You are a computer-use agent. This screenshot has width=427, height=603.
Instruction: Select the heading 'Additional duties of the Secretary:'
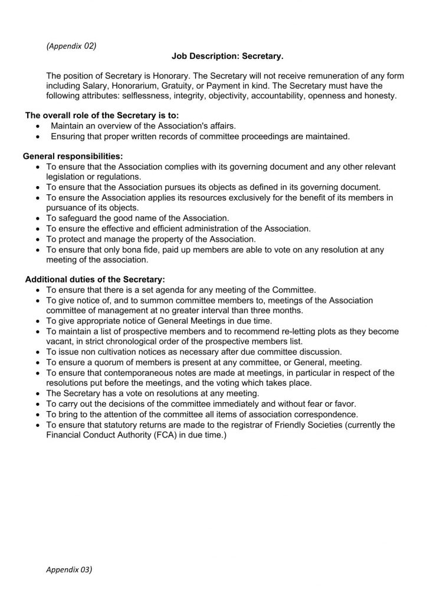point(95,279)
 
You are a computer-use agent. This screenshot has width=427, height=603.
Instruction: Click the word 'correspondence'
point(326,414)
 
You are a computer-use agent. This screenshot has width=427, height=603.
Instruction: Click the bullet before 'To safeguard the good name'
point(38,218)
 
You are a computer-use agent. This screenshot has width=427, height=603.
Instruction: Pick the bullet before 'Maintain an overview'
point(38,126)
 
